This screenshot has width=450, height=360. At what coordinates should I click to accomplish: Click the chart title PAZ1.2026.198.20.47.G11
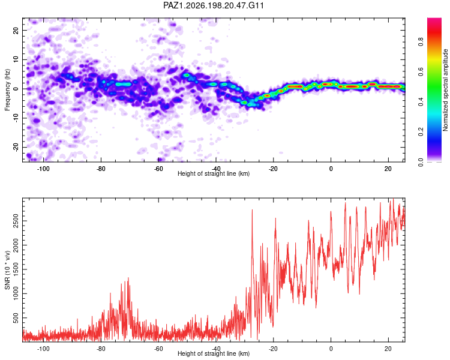click(x=213, y=5)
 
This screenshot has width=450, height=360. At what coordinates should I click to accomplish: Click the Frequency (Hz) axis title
click(x=7, y=90)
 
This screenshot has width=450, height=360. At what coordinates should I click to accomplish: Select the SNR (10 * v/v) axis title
click(x=7, y=270)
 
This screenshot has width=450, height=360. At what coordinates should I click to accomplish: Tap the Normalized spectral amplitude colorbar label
click(x=445, y=90)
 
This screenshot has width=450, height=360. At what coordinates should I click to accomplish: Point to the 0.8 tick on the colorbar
click(x=421, y=42)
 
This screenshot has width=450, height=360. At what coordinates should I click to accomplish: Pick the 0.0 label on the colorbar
click(x=421, y=162)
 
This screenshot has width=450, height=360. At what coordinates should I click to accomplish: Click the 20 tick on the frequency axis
click(x=16, y=30)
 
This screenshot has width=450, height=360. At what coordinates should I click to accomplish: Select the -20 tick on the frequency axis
click(x=16, y=147)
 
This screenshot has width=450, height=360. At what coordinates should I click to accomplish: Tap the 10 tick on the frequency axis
click(x=16, y=59)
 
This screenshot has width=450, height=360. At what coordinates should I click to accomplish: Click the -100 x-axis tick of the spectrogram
click(x=43, y=169)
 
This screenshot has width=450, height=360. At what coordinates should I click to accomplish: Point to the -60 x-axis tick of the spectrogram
click(x=158, y=169)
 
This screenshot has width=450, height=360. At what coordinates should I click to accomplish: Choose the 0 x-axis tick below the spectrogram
click(x=331, y=169)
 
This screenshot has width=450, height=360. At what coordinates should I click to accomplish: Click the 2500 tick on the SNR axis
click(x=16, y=221)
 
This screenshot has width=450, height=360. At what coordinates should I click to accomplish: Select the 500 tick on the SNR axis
click(x=16, y=318)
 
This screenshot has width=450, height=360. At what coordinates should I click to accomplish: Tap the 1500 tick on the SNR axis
click(x=16, y=269)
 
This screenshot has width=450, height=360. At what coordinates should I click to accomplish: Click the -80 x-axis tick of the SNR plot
click(x=101, y=349)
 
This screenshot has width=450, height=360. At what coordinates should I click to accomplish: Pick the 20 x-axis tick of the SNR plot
click(x=388, y=349)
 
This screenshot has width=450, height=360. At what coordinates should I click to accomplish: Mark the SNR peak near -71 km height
click(x=128, y=278)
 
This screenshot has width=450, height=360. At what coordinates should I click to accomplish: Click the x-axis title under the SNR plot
click(x=214, y=353)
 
